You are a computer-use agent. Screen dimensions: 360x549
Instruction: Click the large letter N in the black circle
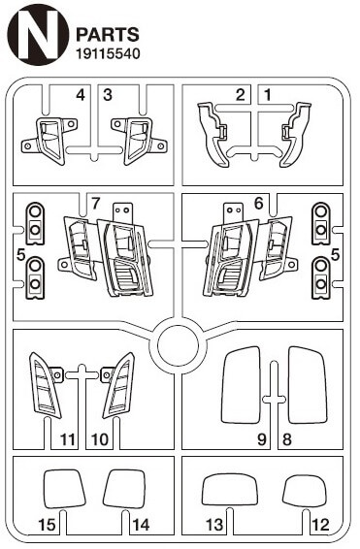click(38, 34)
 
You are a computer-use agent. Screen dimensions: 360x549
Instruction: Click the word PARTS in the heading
click(108, 35)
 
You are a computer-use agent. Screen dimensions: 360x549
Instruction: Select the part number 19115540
click(108, 53)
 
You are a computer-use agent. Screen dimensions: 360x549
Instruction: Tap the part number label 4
click(81, 94)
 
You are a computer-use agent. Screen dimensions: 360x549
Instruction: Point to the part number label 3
click(108, 94)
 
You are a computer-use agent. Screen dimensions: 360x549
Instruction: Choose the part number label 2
click(241, 94)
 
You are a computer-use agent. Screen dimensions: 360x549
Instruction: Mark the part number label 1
click(268, 94)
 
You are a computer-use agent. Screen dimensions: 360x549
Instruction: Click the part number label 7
click(96, 204)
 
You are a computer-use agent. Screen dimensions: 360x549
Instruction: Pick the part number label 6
click(258, 204)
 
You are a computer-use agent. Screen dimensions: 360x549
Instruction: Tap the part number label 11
click(68, 439)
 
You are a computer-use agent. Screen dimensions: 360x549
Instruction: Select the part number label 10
click(100, 439)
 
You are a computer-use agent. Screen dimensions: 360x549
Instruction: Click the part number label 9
click(262, 439)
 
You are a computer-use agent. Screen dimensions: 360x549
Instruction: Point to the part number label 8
click(287, 439)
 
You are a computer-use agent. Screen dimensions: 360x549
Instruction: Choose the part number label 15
click(47, 525)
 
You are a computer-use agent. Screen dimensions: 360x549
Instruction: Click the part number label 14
click(141, 525)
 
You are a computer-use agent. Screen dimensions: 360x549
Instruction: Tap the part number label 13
click(214, 525)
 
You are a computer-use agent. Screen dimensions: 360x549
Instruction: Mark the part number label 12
click(320, 525)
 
